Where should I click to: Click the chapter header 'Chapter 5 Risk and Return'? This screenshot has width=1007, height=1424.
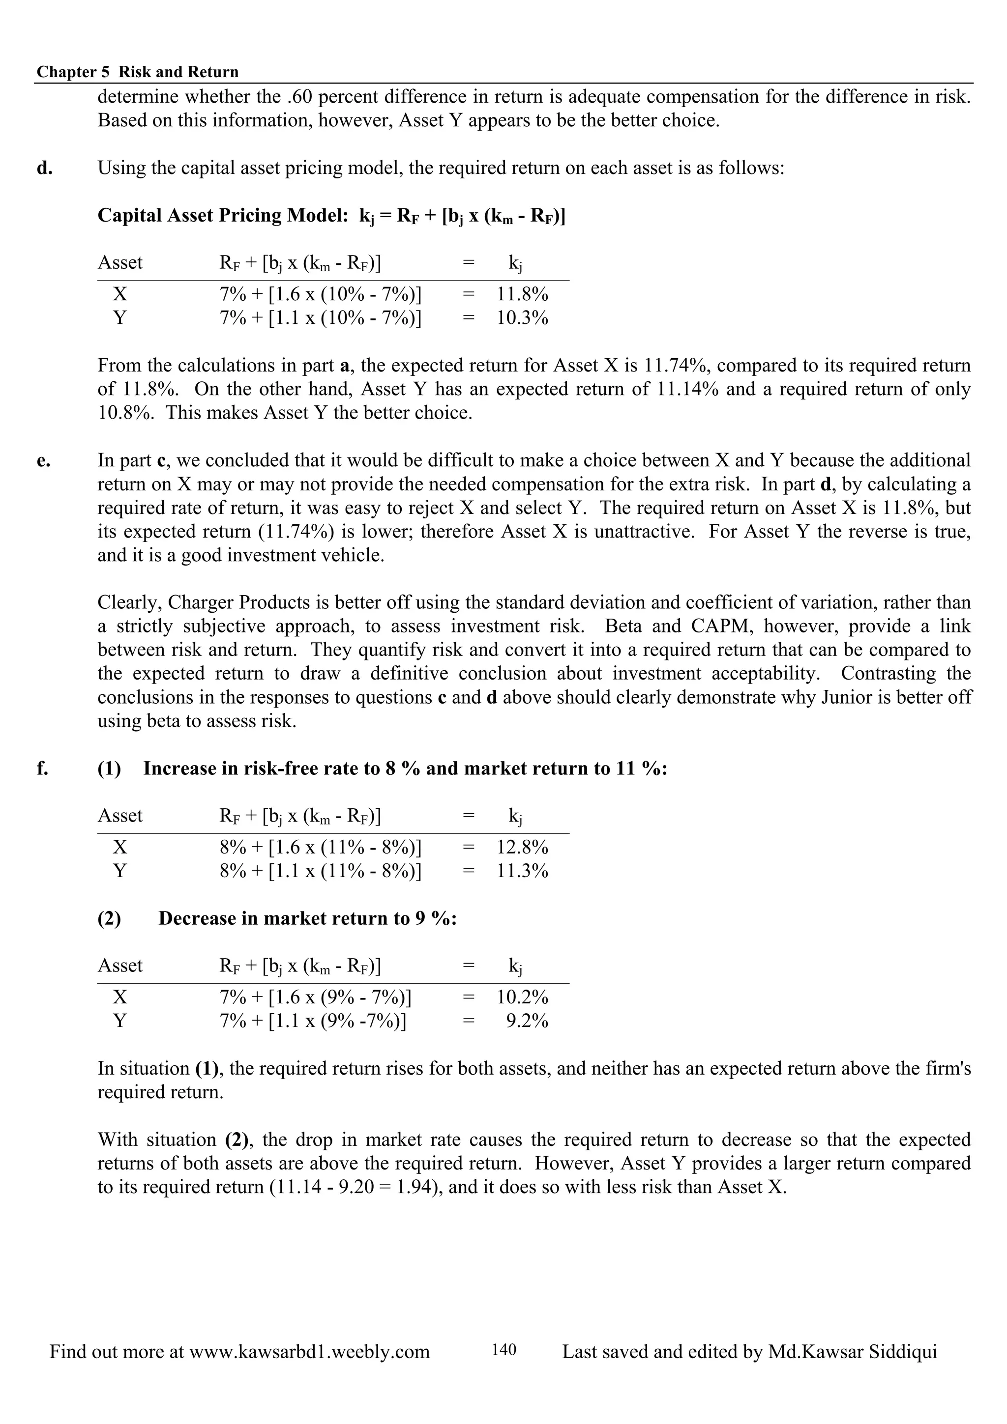137,72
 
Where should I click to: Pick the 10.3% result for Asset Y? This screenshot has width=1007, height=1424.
522,318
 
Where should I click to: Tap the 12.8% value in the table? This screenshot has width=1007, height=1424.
522,847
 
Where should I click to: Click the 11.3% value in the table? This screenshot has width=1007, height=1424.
522,871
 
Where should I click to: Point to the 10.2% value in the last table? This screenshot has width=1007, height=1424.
522,997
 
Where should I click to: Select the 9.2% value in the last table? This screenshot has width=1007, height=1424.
527,1021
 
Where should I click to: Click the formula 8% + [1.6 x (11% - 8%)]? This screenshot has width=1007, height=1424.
320,847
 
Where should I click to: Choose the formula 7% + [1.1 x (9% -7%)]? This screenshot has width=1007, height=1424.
313,1021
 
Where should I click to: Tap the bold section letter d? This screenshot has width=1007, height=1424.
44,168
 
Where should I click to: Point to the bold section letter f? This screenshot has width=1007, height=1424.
42,769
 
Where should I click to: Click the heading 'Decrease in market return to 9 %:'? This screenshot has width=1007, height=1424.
307,918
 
